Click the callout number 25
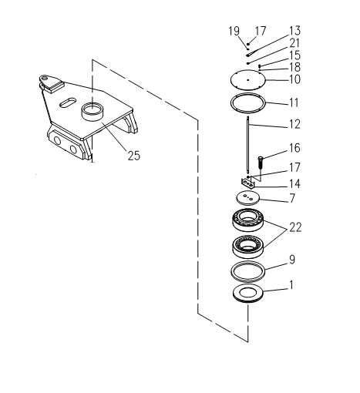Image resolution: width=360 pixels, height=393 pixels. [134, 156]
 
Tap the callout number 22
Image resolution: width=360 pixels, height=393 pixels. [295, 227]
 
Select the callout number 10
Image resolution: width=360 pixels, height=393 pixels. [294, 79]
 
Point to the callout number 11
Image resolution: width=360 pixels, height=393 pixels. [294, 102]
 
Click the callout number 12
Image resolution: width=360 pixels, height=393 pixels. [294, 124]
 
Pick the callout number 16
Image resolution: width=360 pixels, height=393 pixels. [294, 148]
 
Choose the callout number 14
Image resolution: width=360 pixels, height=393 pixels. [294, 183]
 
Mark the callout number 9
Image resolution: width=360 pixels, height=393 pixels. [292, 260]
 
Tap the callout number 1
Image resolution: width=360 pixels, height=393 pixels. [291, 285]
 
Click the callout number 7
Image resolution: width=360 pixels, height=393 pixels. [292, 198]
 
